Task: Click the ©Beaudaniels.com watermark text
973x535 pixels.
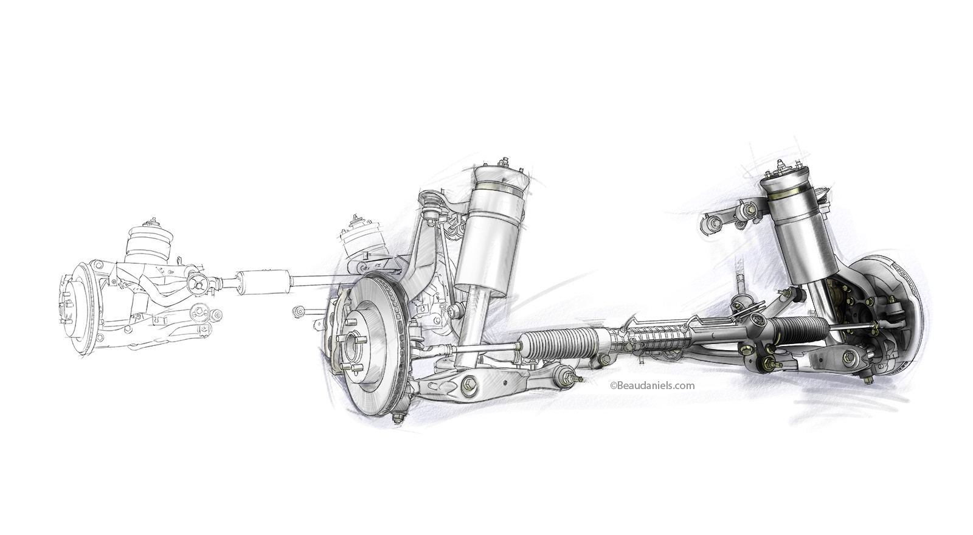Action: (x=651, y=385)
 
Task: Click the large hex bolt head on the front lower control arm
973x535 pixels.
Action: (x=469, y=385)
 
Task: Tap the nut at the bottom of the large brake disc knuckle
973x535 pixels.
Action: (x=398, y=418)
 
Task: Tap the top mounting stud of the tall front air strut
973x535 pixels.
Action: (x=504, y=162)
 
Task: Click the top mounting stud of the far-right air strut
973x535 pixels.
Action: (x=780, y=164)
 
